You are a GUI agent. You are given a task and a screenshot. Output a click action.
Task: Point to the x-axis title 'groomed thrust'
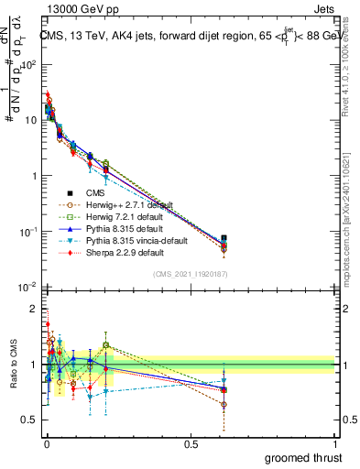(303, 457)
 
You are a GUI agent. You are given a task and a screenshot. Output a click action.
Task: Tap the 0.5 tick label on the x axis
(191, 442)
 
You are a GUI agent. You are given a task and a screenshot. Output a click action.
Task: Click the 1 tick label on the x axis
(335, 442)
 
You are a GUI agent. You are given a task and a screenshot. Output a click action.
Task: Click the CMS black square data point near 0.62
(224, 239)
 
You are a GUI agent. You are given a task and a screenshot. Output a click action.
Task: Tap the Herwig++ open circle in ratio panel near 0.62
(224, 404)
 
